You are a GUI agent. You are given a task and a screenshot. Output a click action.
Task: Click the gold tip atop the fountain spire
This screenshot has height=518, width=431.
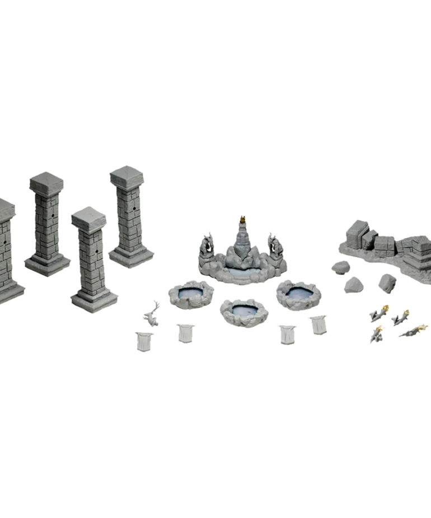[x=243, y=219]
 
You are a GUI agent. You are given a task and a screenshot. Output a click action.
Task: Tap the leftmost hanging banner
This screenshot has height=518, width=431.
[x=143, y=340]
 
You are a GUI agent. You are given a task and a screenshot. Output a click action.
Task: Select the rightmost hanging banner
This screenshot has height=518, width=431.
[x=317, y=324]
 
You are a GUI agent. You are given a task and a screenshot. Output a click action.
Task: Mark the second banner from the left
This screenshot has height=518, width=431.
[x=185, y=332]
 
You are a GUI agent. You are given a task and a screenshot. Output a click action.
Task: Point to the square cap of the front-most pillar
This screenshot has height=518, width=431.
[x=88, y=215]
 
